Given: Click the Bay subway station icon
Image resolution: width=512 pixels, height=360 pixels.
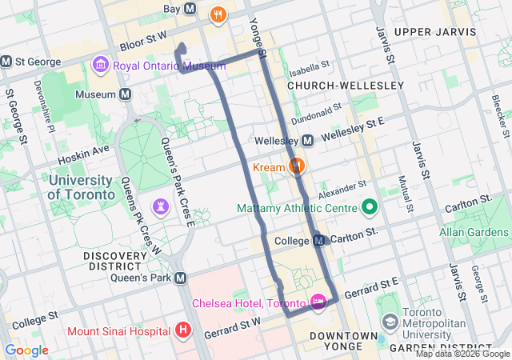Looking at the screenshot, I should tap(190, 9).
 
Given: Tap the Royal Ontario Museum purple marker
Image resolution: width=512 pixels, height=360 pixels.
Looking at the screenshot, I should tap(101, 63).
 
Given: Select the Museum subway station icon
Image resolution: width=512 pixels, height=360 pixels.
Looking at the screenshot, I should tap(126, 94).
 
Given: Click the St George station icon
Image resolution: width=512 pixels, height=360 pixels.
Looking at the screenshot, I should tap(6, 61).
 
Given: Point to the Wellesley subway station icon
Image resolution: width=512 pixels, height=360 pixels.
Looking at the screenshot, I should tap(308, 141).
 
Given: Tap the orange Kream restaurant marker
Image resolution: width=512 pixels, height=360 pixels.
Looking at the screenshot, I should tap(297, 166).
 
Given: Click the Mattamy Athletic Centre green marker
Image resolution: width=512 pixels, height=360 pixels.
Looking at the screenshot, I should tap(369, 209).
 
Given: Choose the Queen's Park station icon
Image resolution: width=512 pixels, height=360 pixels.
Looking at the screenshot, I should tap(181, 278).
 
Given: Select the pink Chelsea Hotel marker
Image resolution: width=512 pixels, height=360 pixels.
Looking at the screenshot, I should tap(318, 302).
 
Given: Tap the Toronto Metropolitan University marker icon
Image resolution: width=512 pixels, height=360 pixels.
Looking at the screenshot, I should tap(390, 322).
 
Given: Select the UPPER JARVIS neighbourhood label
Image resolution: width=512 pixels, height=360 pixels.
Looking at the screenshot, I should tap(430, 31).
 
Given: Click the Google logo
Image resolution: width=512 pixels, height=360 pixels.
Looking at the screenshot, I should tap(26, 350).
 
